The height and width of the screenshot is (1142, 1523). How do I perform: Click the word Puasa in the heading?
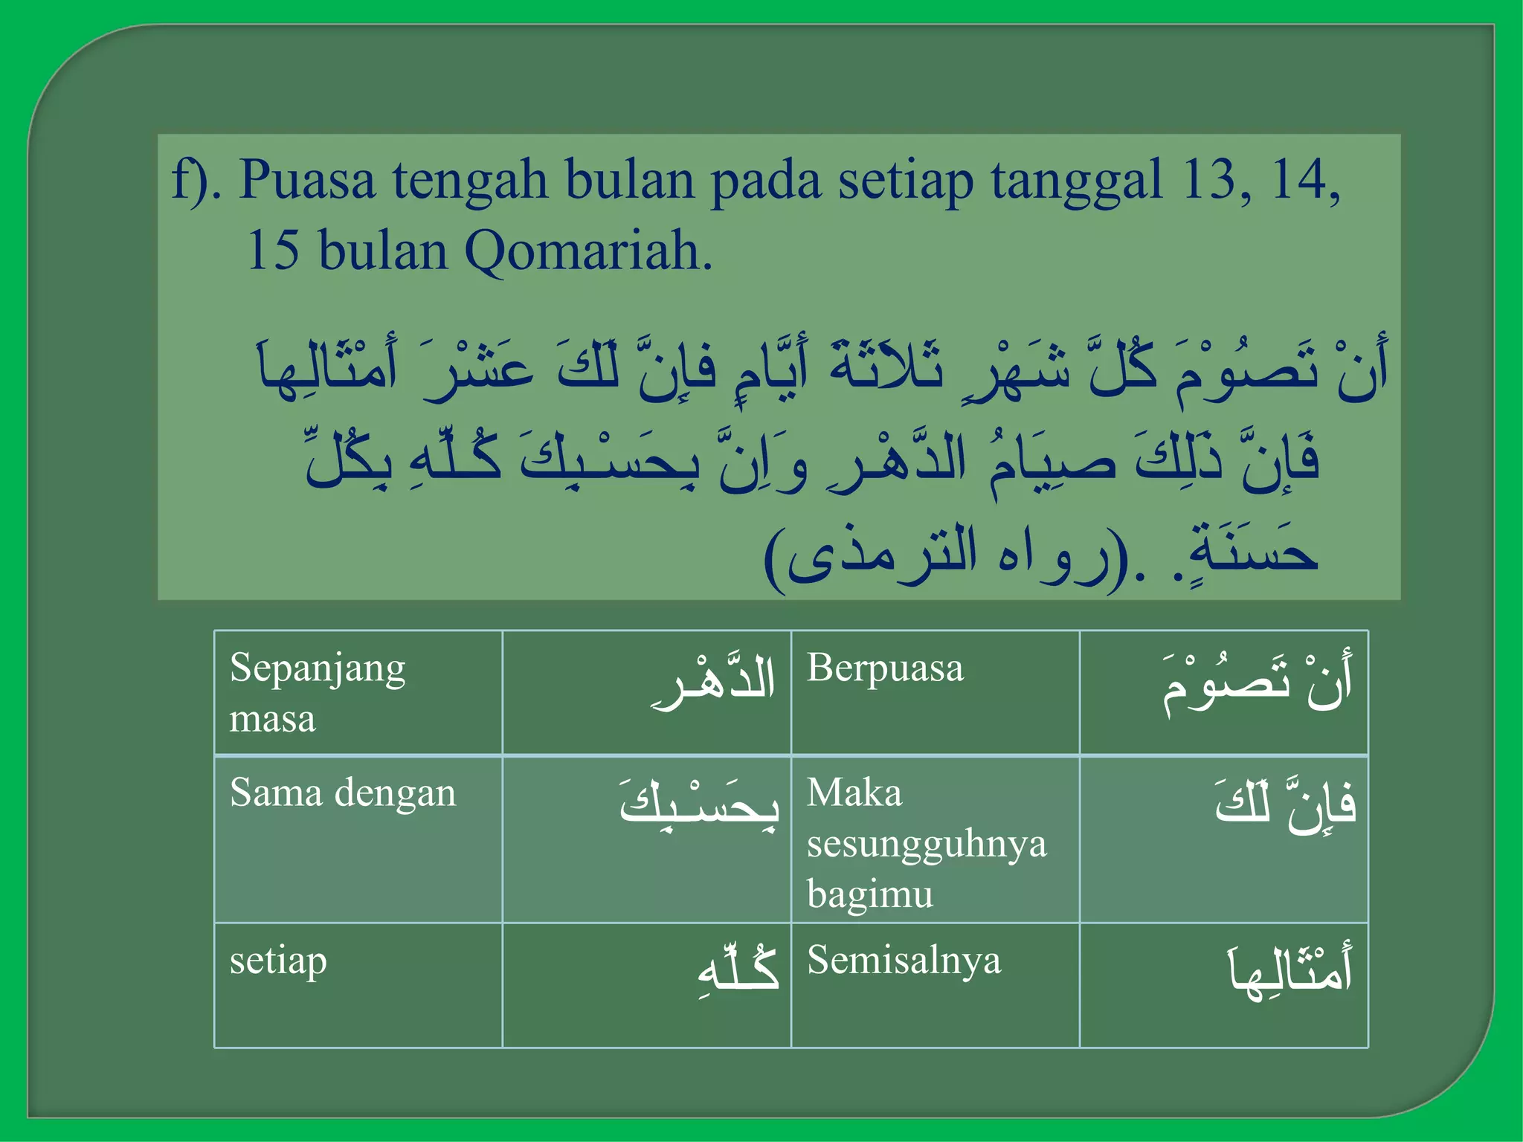[x=306, y=180]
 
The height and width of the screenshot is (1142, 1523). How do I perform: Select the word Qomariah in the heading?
[x=587, y=251]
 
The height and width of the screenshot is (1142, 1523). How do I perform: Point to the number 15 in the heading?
[x=272, y=251]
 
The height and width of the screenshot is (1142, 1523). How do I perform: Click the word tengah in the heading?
[x=469, y=181]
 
